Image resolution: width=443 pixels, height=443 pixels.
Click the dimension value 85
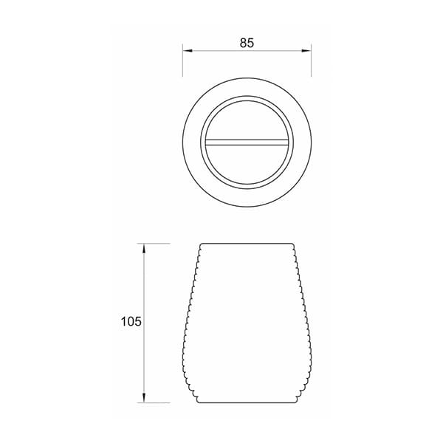[247, 43]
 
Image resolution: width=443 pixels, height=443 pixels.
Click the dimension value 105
[131, 321]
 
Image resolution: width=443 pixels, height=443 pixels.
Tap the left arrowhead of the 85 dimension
[188, 51]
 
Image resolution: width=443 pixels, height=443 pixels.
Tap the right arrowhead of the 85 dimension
[306, 51]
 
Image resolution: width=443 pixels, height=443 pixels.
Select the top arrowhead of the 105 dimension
[144, 248]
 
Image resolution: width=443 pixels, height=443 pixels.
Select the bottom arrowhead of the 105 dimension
[144, 397]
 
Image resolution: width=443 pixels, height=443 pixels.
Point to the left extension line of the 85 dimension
[183, 61]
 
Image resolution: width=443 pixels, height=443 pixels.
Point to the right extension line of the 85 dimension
[311, 61]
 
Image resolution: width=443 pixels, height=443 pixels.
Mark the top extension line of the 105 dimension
[154, 243]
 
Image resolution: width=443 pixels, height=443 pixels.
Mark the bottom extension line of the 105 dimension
[154, 402]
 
